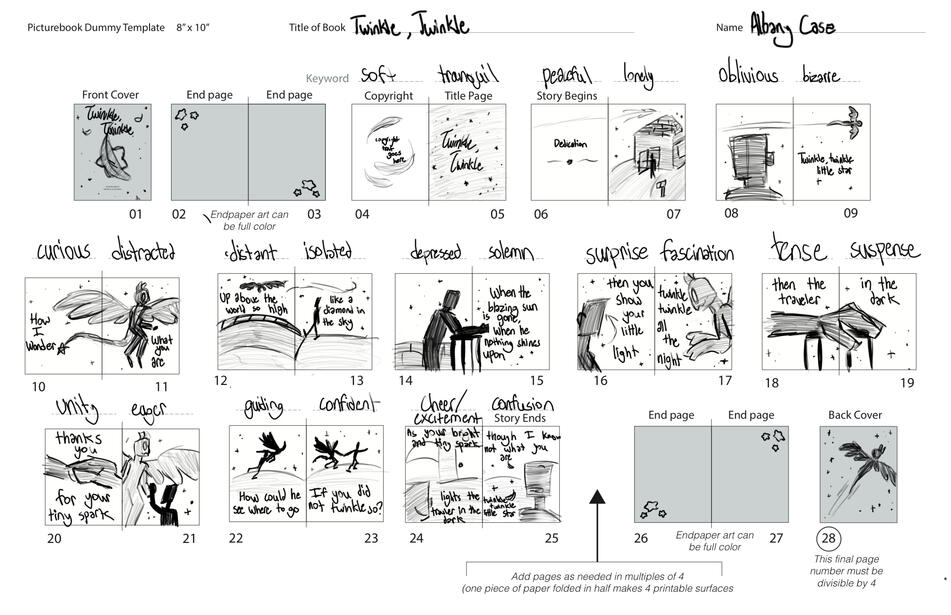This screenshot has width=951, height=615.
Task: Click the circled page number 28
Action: pos(829,538)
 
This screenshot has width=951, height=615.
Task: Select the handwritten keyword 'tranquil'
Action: pos(467,74)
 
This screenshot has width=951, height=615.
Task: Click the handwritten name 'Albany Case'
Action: pos(791,27)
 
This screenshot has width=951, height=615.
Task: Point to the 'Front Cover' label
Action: pos(111,95)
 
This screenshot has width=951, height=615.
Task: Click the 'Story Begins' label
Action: pos(566,96)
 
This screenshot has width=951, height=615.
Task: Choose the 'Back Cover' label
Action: pos(854,415)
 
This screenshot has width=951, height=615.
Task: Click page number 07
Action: pos(674,214)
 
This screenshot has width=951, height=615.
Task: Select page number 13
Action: pos(356,381)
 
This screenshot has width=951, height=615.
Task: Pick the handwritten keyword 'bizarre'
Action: pos(821,76)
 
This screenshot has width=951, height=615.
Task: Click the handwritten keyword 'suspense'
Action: pos(884,249)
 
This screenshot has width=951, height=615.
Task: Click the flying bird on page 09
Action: pos(845,121)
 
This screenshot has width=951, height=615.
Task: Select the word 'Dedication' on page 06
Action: pos(569,143)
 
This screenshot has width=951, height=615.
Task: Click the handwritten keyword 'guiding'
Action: pos(263,407)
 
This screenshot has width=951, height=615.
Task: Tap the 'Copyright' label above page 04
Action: pos(389,96)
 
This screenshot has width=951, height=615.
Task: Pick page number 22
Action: pos(236,538)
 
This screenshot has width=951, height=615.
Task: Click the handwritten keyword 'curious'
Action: pos(64,251)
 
